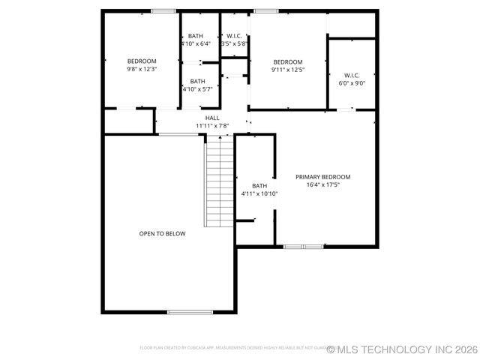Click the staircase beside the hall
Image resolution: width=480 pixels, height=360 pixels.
click(x=220, y=184)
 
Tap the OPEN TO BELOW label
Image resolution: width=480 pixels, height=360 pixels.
click(x=162, y=233)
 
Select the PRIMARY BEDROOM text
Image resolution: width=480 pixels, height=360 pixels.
click(x=322, y=177)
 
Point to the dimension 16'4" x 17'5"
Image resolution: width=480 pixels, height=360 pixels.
click(x=322, y=184)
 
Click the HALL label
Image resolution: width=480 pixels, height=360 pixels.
click(x=212, y=118)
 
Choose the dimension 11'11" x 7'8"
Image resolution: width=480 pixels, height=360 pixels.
click(x=212, y=125)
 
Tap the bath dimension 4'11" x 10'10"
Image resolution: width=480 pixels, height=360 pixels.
click(x=259, y=193)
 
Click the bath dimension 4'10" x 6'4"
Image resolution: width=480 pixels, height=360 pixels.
click(x=196, y=43)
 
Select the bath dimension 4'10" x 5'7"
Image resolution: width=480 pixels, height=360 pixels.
click(x=197, y=88)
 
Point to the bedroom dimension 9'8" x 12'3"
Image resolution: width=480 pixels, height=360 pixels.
click(x=141, y=69)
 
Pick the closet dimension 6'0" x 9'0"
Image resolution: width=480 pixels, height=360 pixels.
click(x=352, y=82)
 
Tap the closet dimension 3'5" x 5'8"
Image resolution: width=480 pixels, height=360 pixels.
click(x=234, y=43)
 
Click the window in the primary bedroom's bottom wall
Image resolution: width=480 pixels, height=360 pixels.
click(x=304, y=246)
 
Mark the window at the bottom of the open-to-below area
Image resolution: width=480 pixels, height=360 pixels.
click(x=190, y=311)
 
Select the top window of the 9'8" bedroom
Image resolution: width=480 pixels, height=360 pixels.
click(x=163, y=10)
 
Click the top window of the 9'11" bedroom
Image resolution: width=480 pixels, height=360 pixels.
click(x=265, y=10)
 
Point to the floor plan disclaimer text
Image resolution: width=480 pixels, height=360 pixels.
click(x=232, y=348)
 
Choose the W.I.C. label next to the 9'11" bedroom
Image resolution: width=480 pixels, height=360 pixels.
click(x=352, y=75)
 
